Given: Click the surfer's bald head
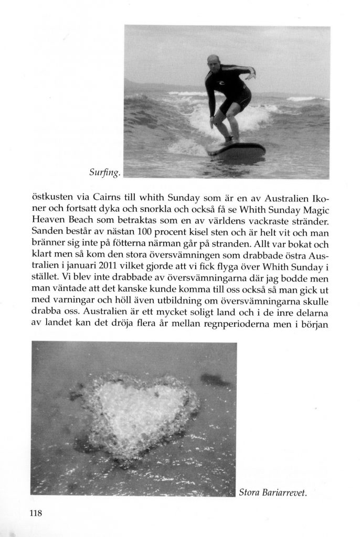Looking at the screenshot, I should pos(213,60).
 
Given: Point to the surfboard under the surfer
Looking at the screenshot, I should pos(236,152).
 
